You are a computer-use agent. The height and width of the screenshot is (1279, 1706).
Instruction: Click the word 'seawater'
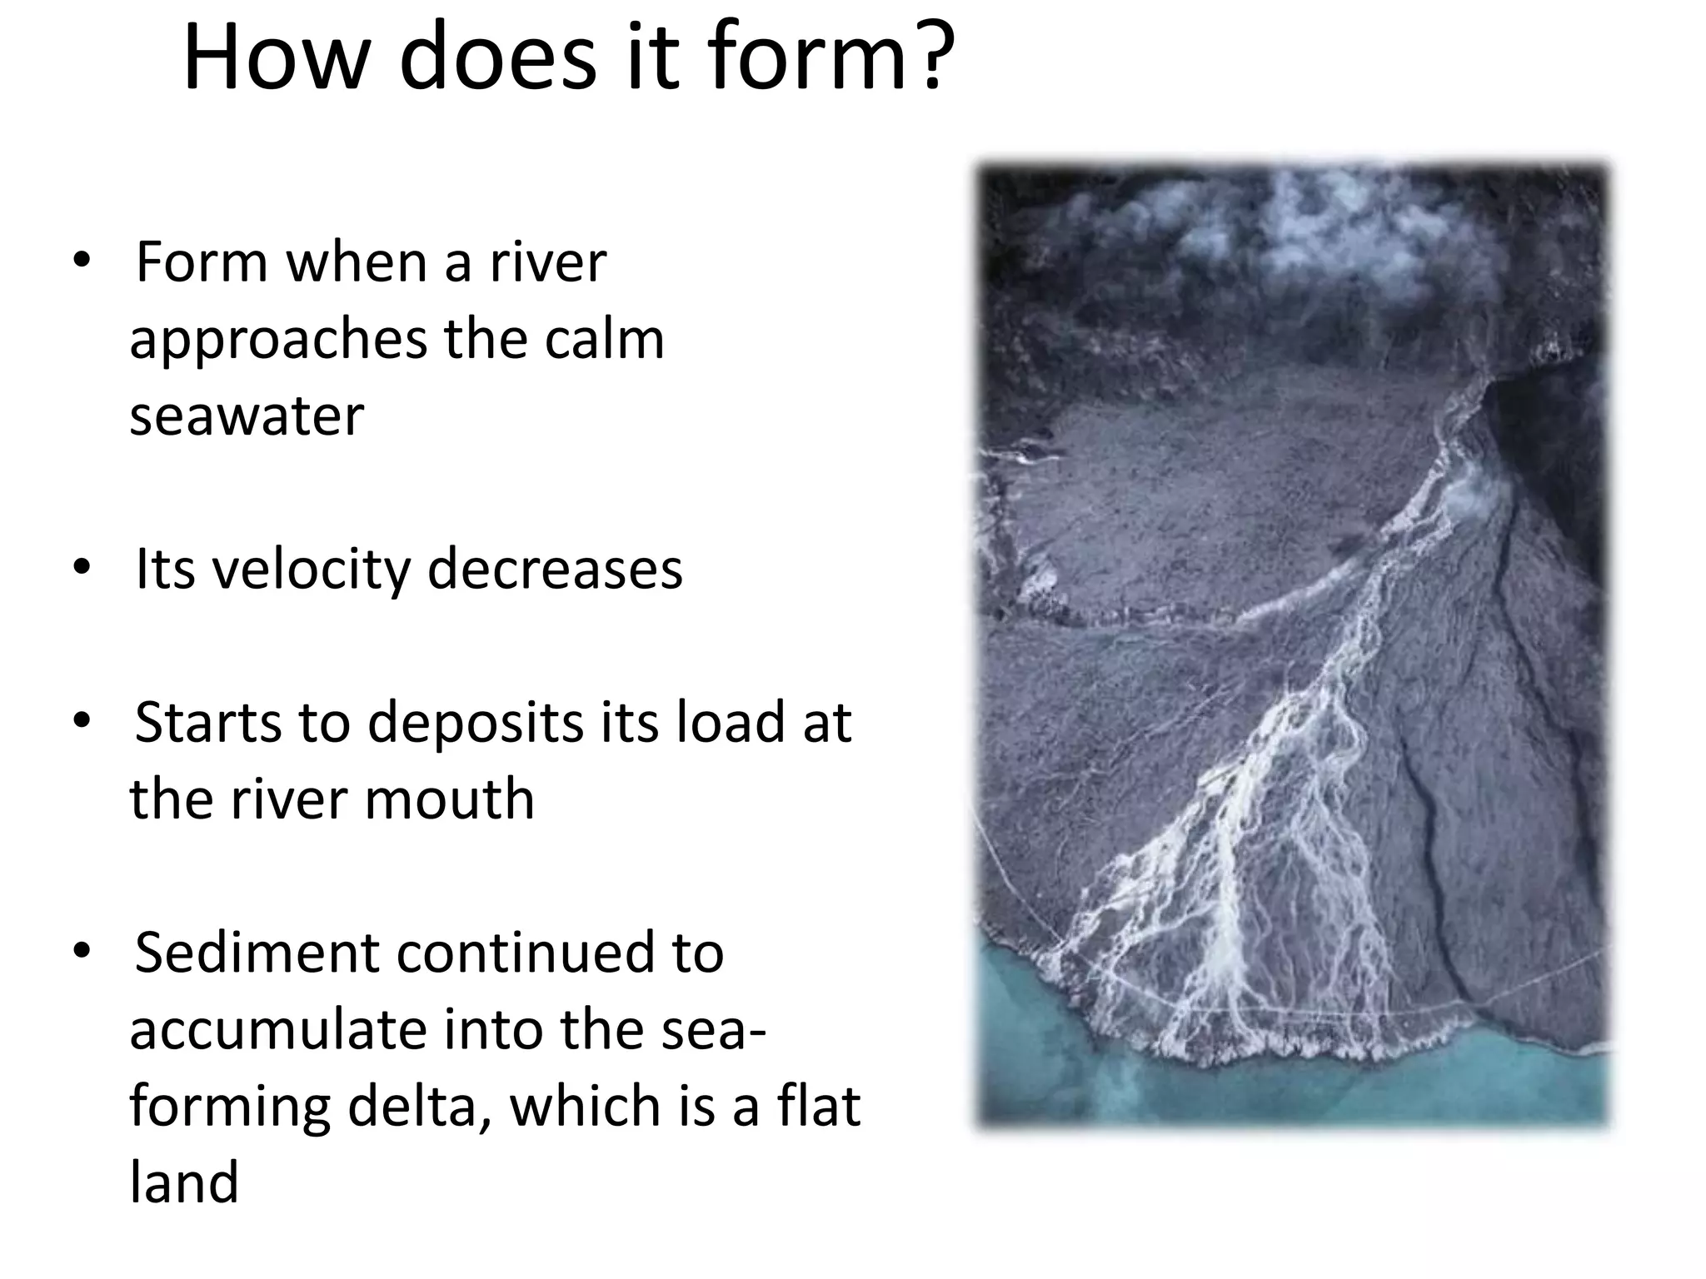click(247, 416)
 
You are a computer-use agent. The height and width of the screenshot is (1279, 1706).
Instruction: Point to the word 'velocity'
click(312, 570)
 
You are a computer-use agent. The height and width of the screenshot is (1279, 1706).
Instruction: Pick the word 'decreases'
click(555, 570)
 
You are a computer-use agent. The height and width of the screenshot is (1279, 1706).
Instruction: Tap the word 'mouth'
click(450, 799)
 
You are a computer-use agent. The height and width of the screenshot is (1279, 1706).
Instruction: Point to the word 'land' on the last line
click(184, 1182)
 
